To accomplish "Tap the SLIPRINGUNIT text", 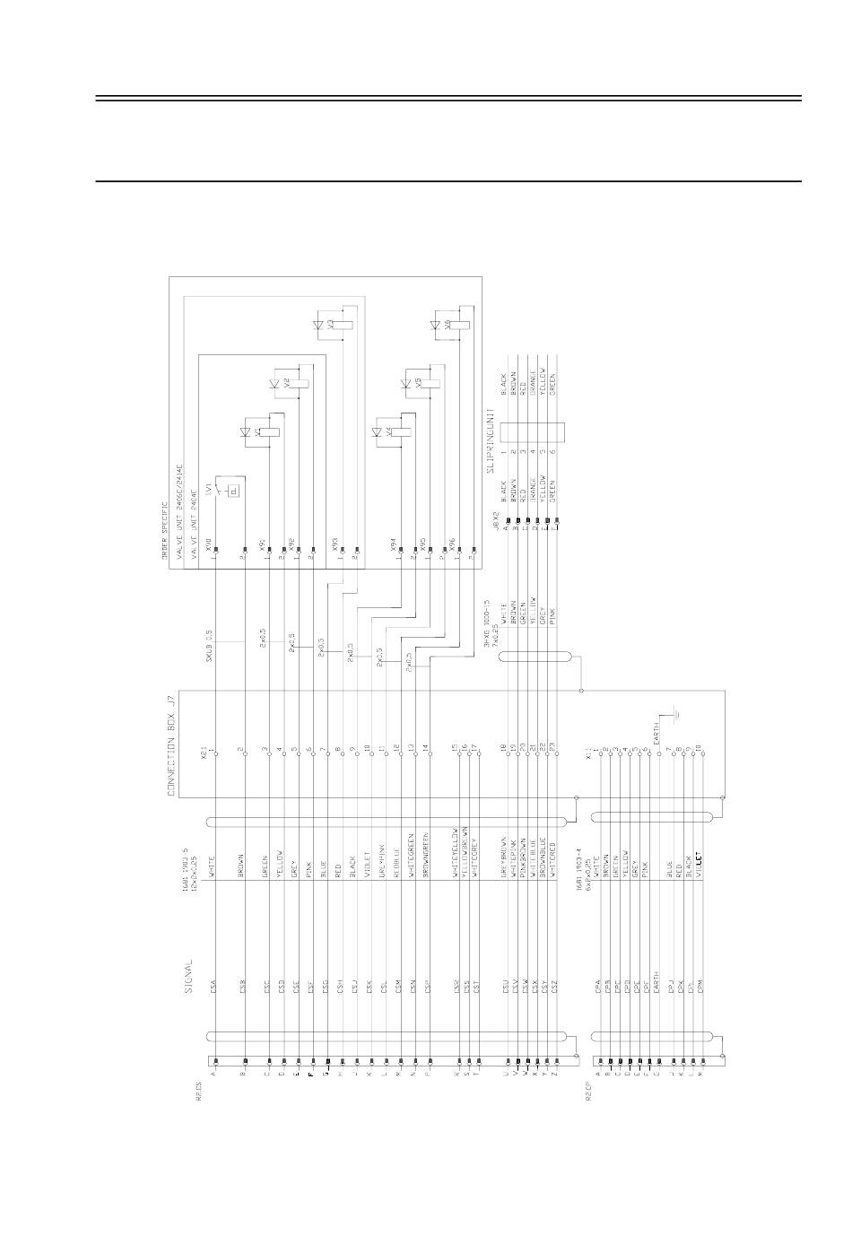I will point(491,440).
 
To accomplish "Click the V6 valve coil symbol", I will point(458,325).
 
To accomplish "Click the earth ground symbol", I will point(678,714).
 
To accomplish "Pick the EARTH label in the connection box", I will point(656,731).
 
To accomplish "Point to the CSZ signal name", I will point(556,986).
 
